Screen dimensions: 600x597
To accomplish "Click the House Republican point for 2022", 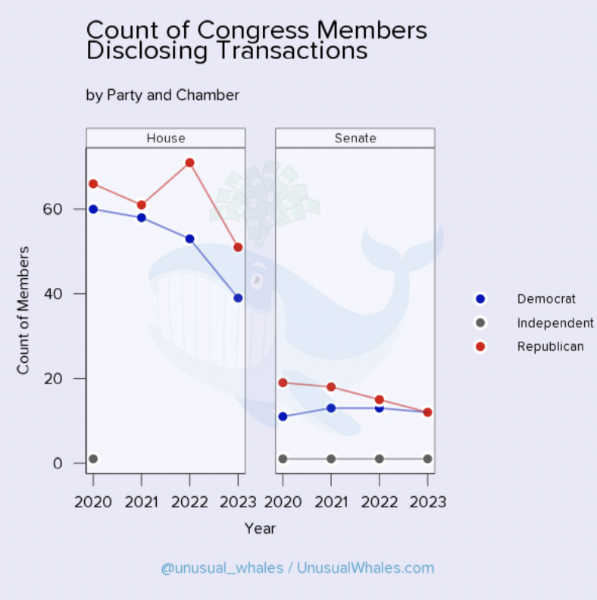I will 189,163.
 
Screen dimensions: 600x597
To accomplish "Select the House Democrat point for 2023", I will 238,298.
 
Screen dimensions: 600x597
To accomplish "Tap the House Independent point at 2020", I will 93,459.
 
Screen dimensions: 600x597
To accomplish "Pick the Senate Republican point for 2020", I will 283,383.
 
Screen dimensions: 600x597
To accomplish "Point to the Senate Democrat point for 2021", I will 331,408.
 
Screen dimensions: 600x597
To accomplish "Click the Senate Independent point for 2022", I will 380,459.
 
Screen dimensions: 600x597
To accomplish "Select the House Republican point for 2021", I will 142,205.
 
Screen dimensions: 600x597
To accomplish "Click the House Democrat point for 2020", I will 93,209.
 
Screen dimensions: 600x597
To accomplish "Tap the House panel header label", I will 165,138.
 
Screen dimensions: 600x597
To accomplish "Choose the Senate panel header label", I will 355,138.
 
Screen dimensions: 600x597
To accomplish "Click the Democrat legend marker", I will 480,299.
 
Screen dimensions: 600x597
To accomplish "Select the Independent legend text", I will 555,323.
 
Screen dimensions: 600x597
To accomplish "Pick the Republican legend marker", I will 480,346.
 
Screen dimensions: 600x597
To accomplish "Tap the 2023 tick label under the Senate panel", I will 427,502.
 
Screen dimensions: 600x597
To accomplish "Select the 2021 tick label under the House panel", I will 142,502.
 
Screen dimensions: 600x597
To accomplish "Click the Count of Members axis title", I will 23,310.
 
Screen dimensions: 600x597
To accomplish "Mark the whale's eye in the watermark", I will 257,280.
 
